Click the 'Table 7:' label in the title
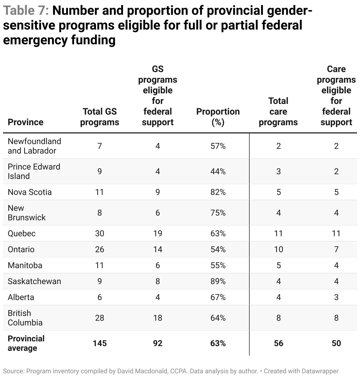26,11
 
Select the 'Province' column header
26,122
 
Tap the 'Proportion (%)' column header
218,117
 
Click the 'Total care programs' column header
278,111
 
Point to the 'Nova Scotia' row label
30,192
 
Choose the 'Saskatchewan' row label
34,281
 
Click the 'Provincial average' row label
26,343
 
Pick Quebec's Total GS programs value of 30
100,233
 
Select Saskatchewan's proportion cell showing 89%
218,281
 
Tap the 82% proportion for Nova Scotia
218,192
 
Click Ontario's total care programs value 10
278,249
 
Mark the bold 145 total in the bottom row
100,343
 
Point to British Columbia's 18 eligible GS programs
158,318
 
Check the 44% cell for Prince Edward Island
218,171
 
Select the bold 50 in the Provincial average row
336,343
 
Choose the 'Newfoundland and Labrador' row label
34,146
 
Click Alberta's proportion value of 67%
218,297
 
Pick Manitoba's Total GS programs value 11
100,265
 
